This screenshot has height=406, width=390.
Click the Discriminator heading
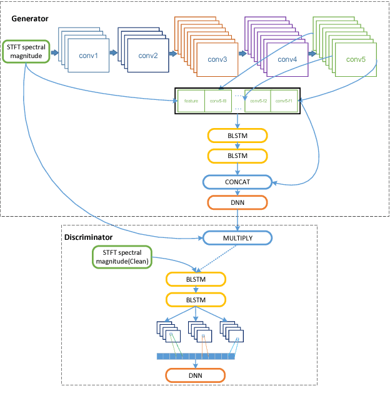tap(89, 237)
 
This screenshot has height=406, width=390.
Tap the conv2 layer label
tap(149, 55)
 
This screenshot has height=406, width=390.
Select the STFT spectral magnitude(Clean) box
tap(122, 257)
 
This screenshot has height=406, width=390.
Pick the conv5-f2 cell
tap(257, 101)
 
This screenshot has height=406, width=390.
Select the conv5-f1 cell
tap(284, 101)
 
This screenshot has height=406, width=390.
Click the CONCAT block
tap(237, 182)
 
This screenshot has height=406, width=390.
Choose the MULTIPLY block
tap(237, 238)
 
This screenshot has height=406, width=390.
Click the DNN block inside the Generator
tap(237, 202)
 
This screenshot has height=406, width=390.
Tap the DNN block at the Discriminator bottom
tap(195, 375)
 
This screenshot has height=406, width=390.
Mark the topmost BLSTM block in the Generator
tap(237, 135)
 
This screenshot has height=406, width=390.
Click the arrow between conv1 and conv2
tap(113, 53)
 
